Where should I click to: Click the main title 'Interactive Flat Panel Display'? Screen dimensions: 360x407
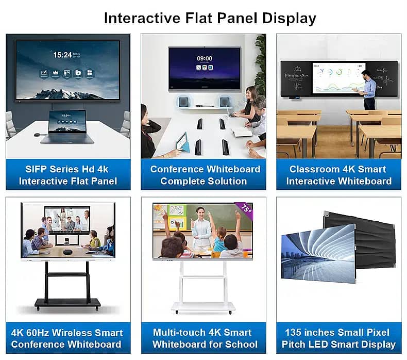click(210, 18)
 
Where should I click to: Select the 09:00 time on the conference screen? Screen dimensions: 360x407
click(204, 58)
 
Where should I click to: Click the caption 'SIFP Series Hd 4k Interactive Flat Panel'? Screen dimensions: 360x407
click(67, 175)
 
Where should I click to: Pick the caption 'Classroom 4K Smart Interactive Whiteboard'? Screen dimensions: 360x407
click(338, 175)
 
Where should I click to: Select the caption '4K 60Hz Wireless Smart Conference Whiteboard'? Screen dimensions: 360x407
click(67, 338)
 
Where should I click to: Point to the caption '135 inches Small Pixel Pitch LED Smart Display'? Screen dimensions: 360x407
click(338, 338)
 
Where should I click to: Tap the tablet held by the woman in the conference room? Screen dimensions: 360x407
click(181, 142)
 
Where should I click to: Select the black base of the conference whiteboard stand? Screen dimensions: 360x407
click(67, 304)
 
